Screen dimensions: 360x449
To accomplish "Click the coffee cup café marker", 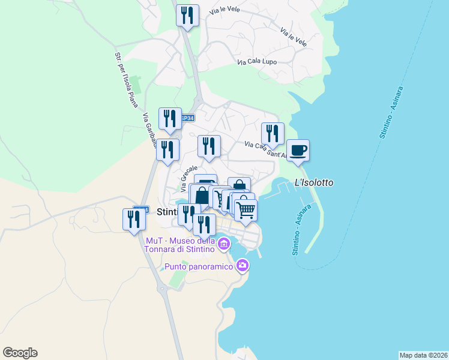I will coord(298,150).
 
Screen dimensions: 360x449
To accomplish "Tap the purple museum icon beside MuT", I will coord(224,244).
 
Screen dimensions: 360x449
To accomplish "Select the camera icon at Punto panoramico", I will coord(242,265).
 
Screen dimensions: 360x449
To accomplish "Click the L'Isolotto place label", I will coord(313,182).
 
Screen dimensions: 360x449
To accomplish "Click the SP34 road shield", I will coord(187,118).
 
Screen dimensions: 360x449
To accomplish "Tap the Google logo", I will coord(20,353).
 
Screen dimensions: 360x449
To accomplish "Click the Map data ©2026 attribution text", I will coord(423,355).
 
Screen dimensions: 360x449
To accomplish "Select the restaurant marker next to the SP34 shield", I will coord(170,118).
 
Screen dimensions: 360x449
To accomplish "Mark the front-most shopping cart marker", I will coord(246,211).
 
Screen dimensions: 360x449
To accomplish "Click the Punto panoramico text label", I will coord(199,266).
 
